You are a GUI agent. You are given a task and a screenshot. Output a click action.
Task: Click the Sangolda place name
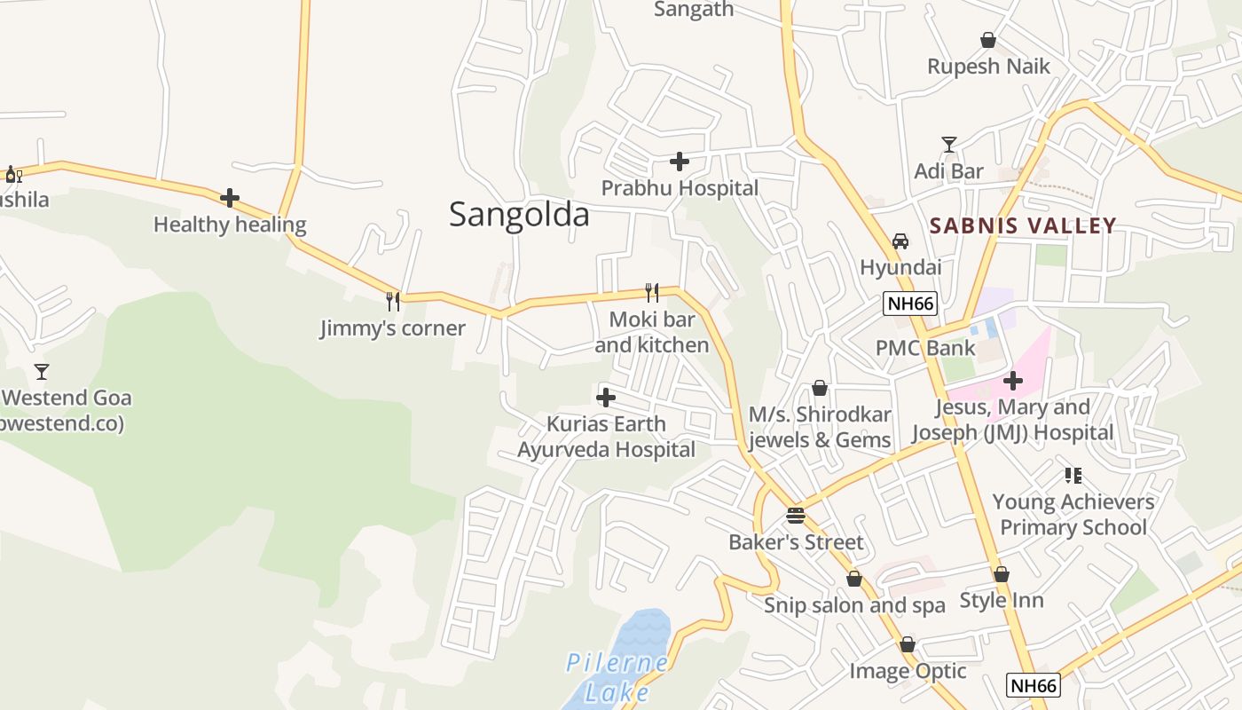(519, 215)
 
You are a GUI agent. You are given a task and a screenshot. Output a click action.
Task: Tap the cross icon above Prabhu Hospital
(680, 162)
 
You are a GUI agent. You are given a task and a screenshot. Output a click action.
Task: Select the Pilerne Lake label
(618, 677)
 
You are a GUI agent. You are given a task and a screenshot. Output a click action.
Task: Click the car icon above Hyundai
(900, 241)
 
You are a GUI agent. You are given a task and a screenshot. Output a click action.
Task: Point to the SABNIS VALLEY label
(1023, 225)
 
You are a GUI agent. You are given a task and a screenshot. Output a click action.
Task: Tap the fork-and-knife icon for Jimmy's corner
(393, 302)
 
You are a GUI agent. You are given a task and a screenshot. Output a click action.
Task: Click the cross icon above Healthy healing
(230, 198)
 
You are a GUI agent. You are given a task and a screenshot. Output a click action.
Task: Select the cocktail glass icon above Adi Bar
(949, 145)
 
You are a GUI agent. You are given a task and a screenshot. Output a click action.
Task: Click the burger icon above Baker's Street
(796, 516)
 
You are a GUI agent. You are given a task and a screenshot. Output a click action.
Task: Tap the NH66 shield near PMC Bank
(911, 304)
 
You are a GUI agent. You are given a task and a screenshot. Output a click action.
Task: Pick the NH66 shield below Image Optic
(1034, 685)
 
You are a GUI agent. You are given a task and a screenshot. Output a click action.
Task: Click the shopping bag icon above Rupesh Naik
(987, 40)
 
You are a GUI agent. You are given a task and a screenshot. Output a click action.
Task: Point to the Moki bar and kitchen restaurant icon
(652, 293)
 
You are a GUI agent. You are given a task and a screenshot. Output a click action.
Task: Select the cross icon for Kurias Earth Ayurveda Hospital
(606, 398)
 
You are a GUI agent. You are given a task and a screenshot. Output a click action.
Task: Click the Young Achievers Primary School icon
(1073, 476)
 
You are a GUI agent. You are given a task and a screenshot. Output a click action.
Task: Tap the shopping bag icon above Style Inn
(1002, 574)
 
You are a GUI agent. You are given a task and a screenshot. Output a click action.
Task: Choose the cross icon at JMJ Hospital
(1012, 381)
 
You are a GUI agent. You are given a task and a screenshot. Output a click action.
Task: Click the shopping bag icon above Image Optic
(908, 644)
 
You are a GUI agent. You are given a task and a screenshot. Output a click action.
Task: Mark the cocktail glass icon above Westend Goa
(42, 371)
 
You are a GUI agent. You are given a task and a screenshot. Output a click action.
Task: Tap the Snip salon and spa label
(854, 605)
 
